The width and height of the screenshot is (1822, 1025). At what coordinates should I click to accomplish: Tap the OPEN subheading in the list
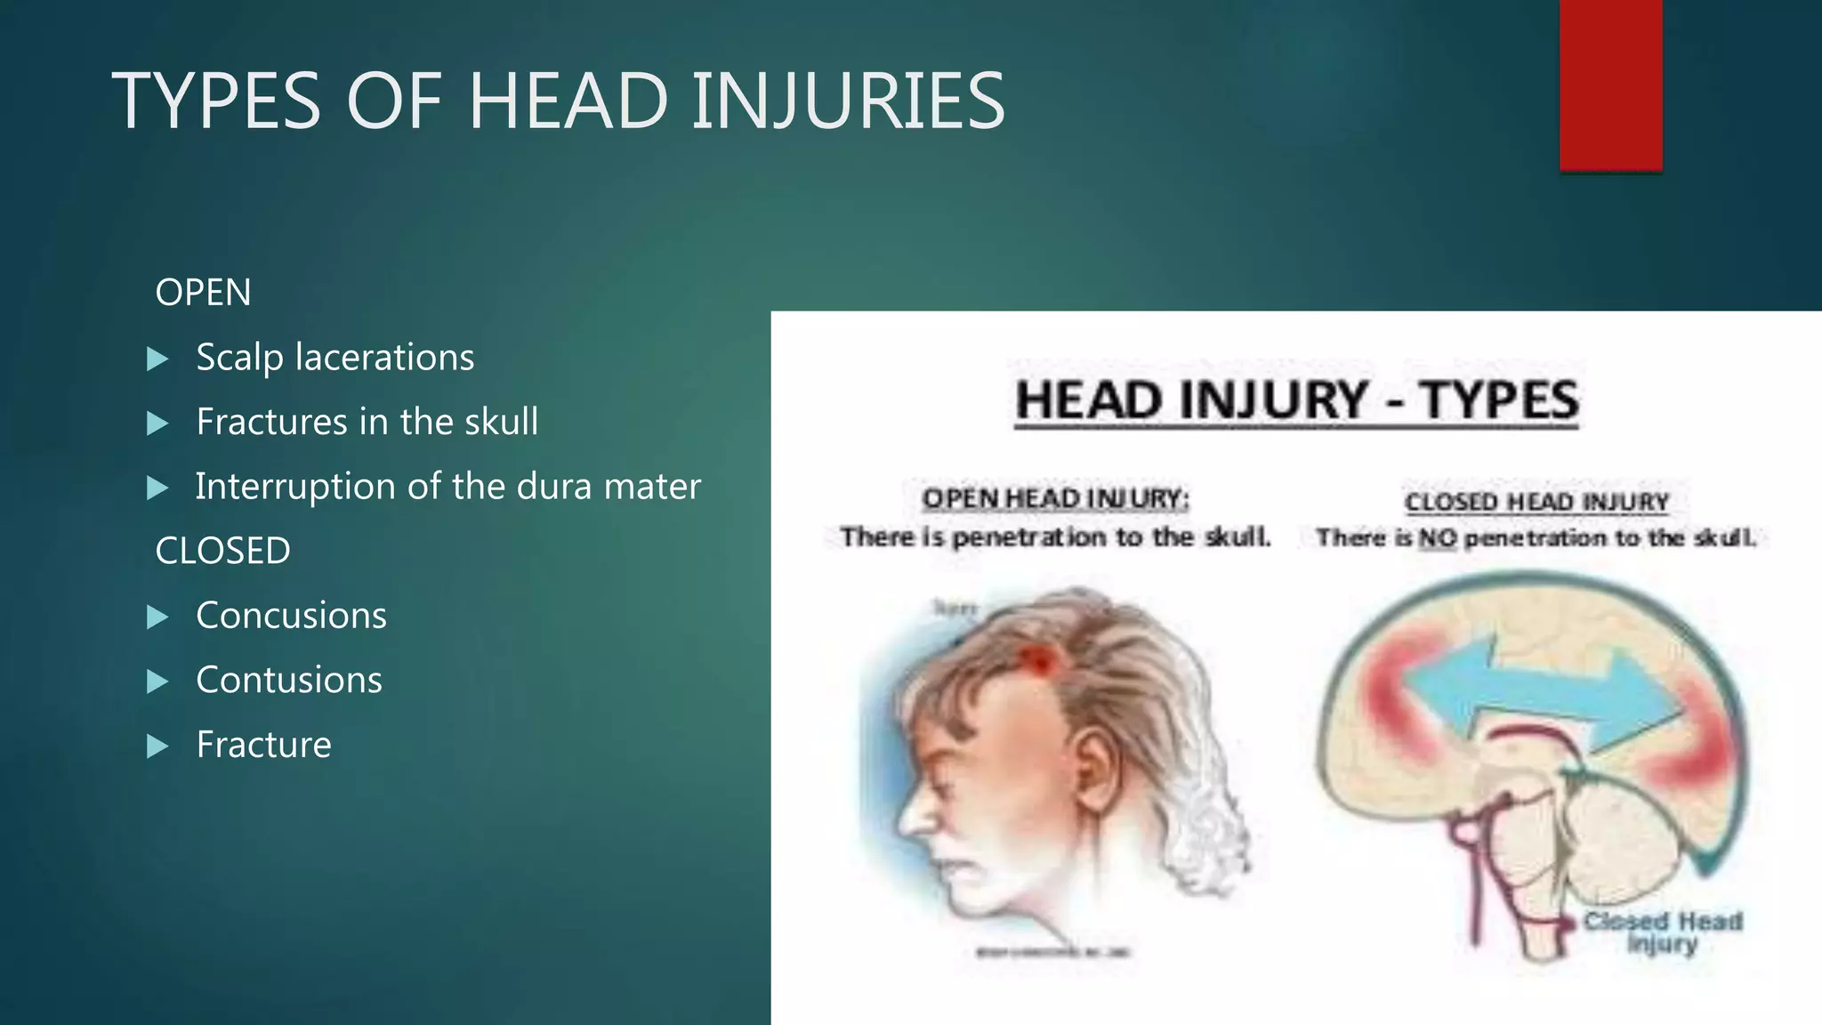[x=203, y=293]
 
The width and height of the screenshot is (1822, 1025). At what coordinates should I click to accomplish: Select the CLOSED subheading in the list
[x=222, y=551]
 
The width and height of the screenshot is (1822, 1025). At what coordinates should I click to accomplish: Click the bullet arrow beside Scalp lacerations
[x=157, y=359]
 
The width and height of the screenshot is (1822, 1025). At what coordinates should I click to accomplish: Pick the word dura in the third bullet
[x=554, y=487]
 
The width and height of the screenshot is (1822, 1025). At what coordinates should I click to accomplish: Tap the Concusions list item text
[x=291, y=616]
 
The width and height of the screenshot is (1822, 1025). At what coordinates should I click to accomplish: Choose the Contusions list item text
[x=289, y=680]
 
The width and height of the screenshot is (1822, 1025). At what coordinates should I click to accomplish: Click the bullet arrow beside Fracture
[x=157, y=746]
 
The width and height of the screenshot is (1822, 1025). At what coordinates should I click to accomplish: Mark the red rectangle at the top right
[x=1610, y=85]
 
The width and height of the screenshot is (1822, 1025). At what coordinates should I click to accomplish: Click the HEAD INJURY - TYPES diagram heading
[x=1297, y=400]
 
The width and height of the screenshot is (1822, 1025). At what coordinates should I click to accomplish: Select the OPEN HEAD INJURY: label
[x=1055, y=499]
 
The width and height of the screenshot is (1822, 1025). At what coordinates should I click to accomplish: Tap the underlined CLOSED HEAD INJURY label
[x=1536, y=502]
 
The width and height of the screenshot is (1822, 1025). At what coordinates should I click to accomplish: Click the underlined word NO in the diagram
[x=1437, y=538]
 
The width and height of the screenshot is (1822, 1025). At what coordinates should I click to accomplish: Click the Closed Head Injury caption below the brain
[x=1662, y=932]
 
